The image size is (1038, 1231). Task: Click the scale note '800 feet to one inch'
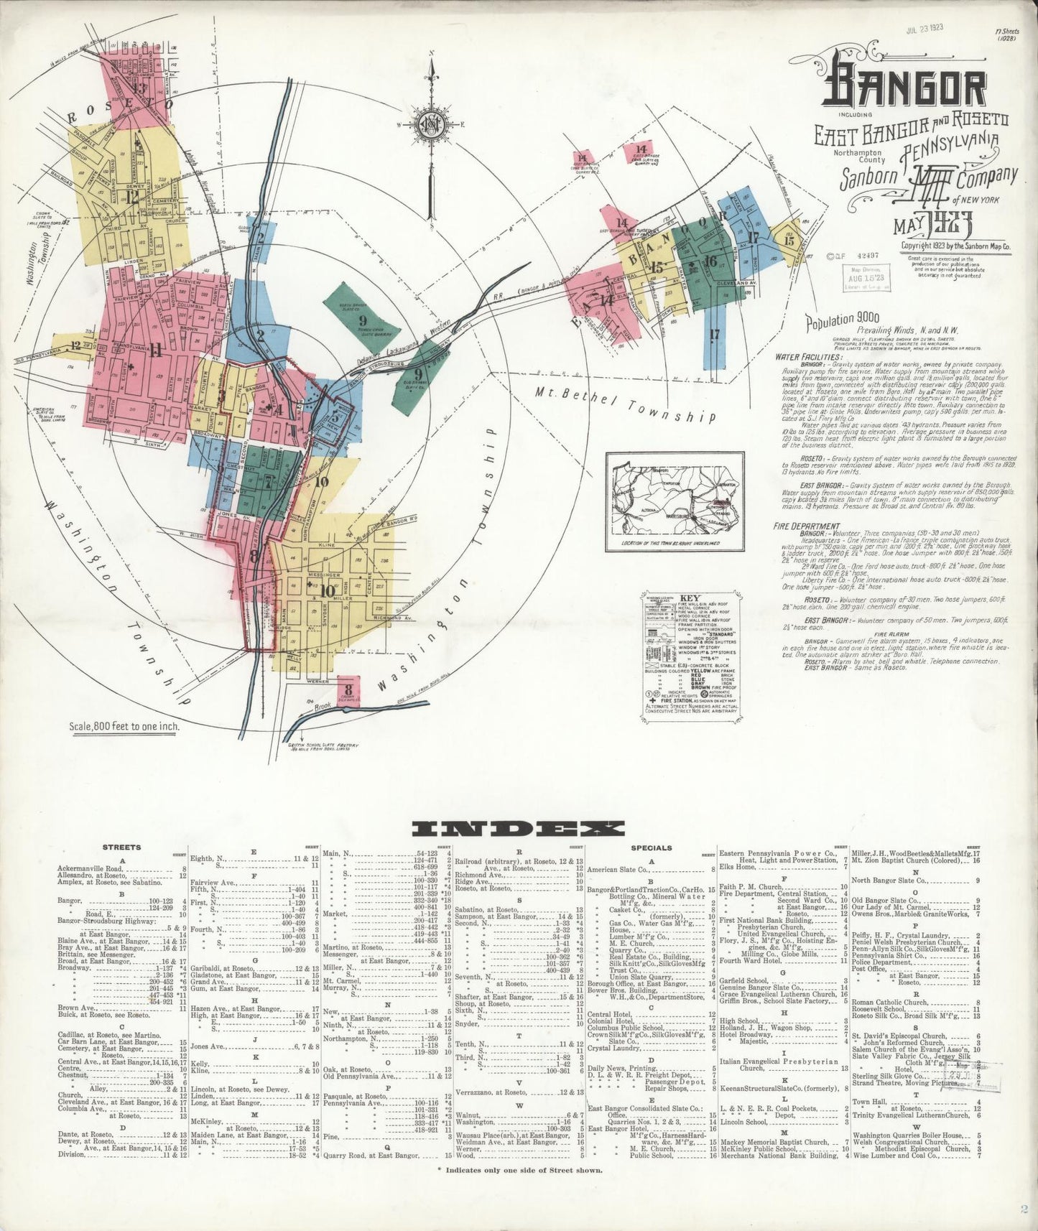[124, 725]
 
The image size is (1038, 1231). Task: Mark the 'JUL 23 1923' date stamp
[924, 29]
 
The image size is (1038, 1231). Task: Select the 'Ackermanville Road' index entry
[94, 869]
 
